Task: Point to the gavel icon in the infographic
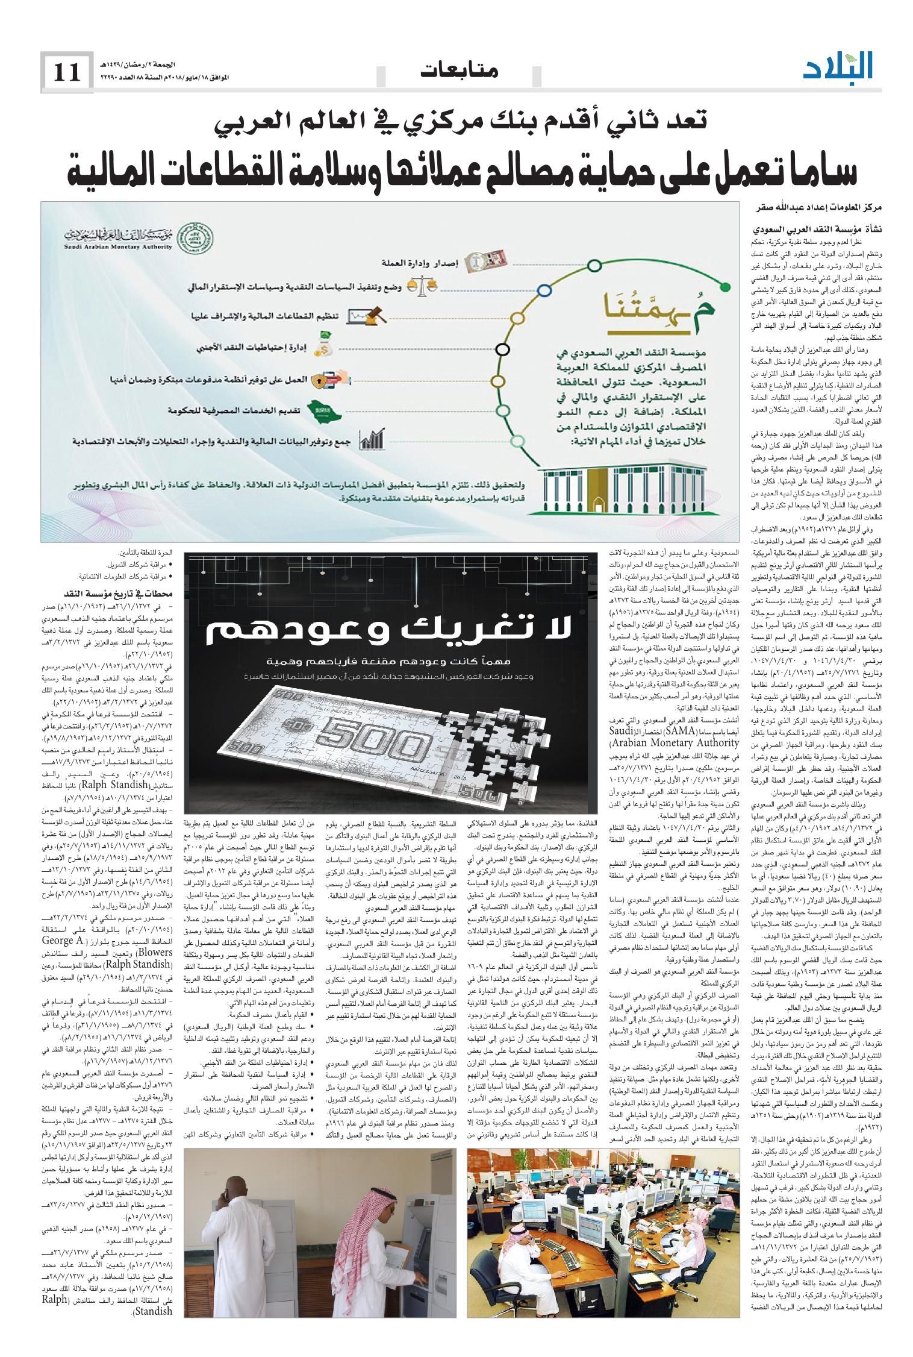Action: [373, 315]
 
